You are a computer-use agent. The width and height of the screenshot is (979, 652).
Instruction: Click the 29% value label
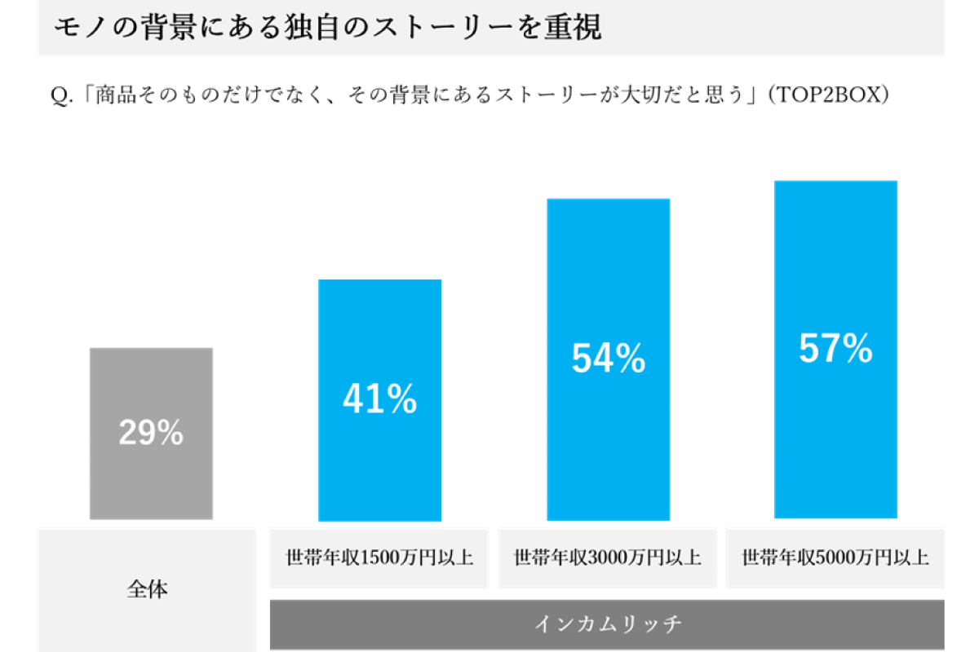[151, 433]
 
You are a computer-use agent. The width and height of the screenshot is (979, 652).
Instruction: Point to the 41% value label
[379, 399]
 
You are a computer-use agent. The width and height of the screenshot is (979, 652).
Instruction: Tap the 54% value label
[608, 359]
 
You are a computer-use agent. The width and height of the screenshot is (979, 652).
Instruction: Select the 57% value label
[835, 350]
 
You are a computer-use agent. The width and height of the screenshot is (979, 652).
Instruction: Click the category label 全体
[148, 589]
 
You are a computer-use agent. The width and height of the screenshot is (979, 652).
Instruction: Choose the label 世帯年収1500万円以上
[379, 559]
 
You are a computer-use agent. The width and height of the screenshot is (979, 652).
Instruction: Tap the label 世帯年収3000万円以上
[608, 559]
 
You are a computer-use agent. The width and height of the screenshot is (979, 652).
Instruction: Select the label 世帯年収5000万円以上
[835, 559]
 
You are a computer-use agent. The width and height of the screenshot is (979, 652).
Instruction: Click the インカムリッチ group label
[608, 624]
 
